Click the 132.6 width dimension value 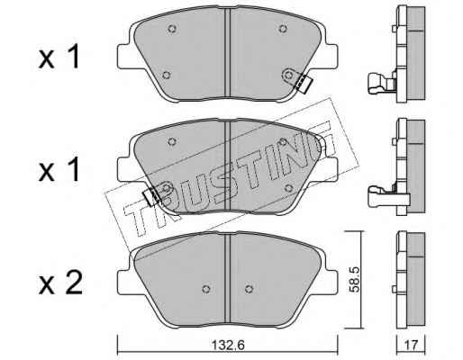(229, 346)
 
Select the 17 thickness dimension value (411, 346)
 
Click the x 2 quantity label (60, 283)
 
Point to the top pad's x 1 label (59, 57)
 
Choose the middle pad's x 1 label (59, 169)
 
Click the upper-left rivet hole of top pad (172, 29)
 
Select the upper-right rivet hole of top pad (282, 29)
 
